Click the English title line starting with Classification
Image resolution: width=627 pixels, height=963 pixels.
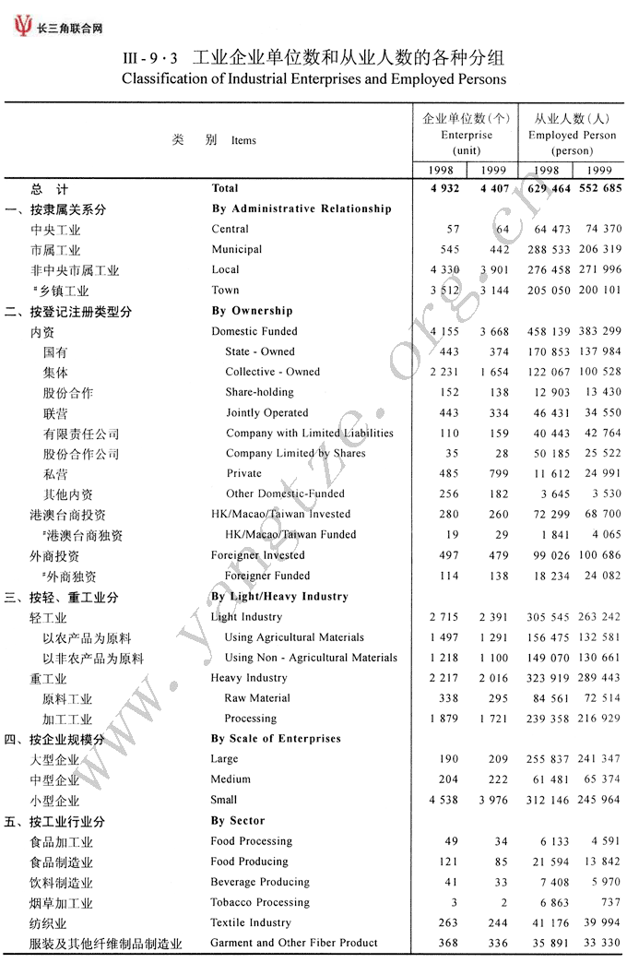313,79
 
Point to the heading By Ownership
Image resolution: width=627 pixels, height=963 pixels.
252,311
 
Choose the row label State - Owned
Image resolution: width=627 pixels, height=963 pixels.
260,351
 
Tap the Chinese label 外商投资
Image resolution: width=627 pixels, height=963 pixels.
54,556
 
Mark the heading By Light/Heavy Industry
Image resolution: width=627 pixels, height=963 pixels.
279,597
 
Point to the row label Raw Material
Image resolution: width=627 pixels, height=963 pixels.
257,698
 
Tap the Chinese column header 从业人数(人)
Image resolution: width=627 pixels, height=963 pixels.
573,118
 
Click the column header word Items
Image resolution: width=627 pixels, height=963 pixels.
243,140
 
